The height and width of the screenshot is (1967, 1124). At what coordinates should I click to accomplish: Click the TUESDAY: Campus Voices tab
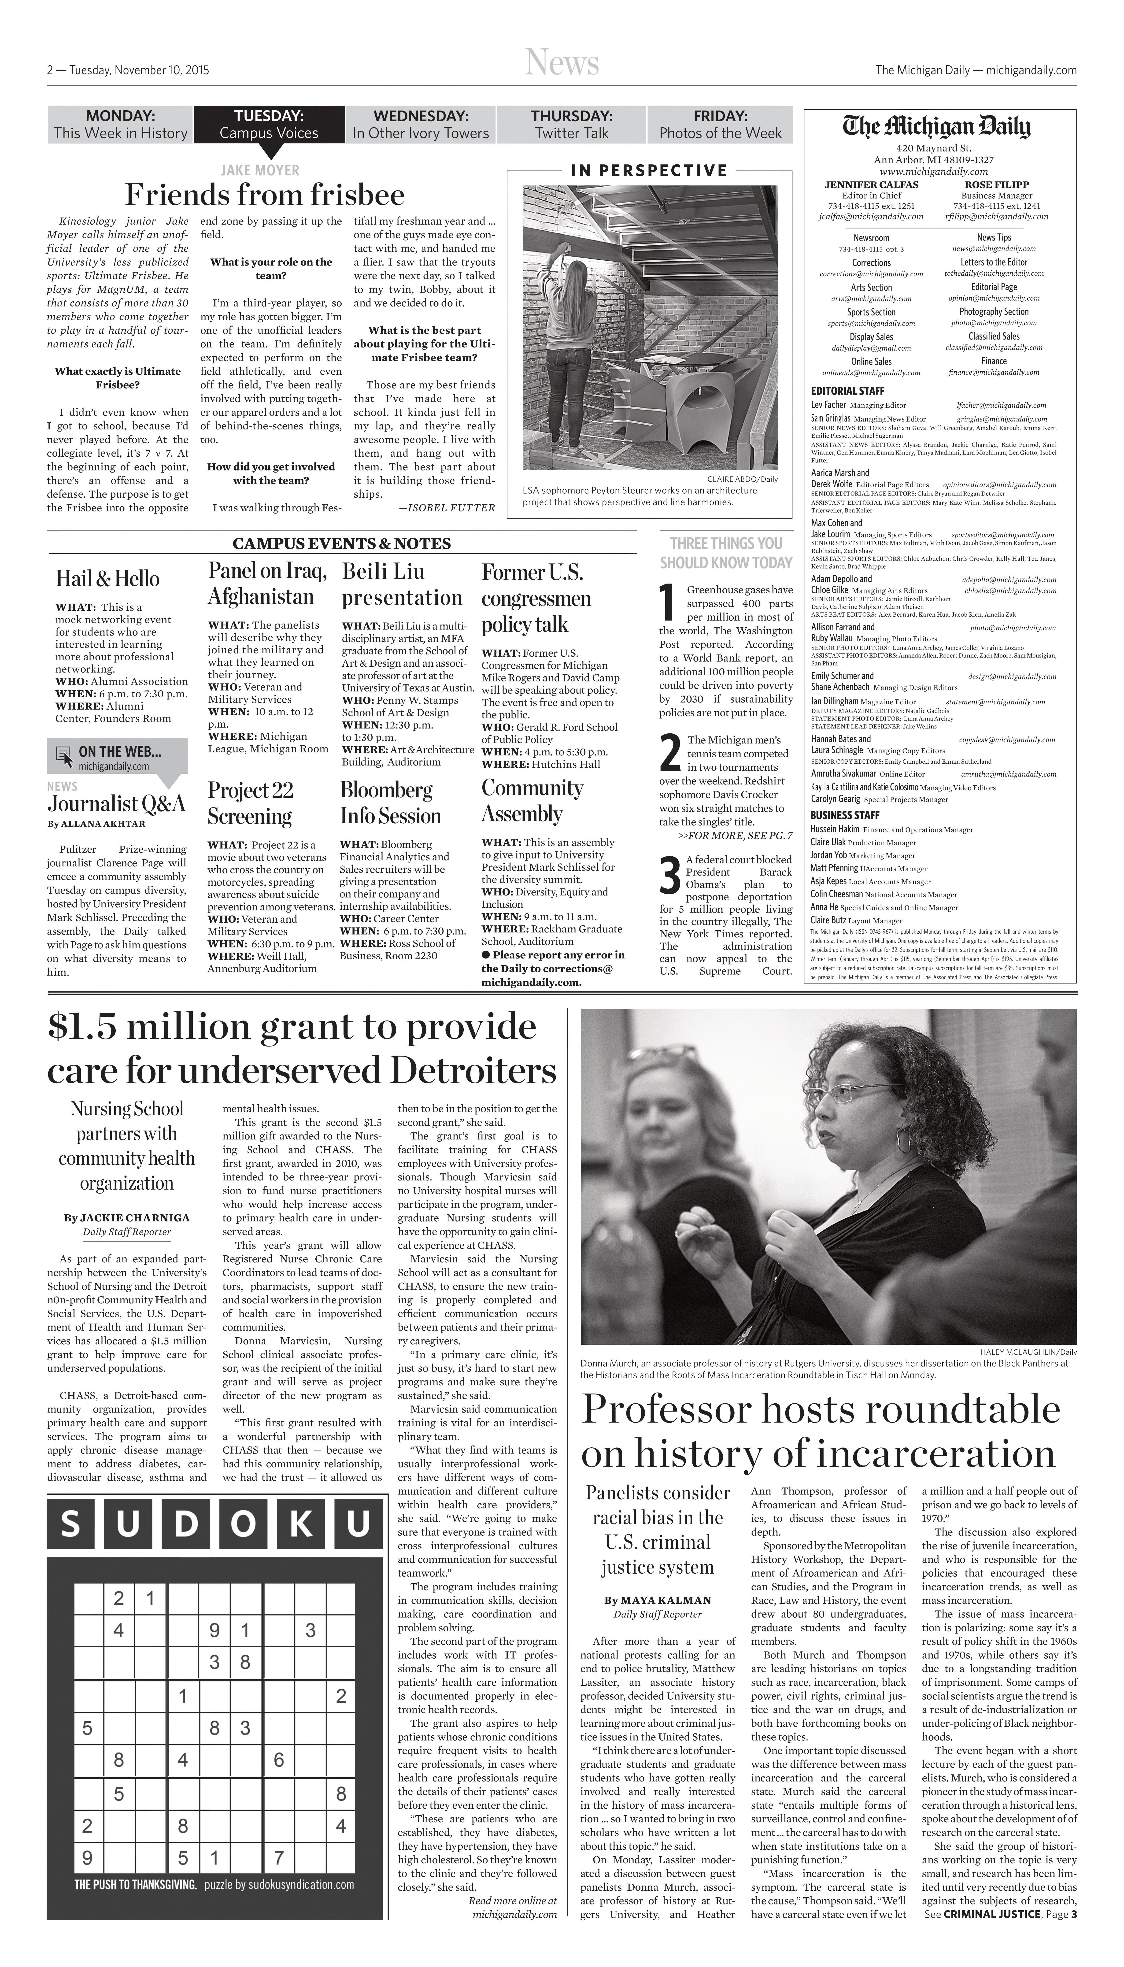coord(269,124)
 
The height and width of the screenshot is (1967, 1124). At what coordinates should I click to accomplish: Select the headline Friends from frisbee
coord(265,195)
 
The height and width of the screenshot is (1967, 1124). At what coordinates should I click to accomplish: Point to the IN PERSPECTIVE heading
coord(648,171)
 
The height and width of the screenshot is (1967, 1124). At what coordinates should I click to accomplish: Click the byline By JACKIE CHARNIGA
coord(127,1217)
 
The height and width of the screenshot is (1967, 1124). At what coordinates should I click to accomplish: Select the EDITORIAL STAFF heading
coord(847,391)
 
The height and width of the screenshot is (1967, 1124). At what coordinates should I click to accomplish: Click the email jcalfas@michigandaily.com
coord(871,216)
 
